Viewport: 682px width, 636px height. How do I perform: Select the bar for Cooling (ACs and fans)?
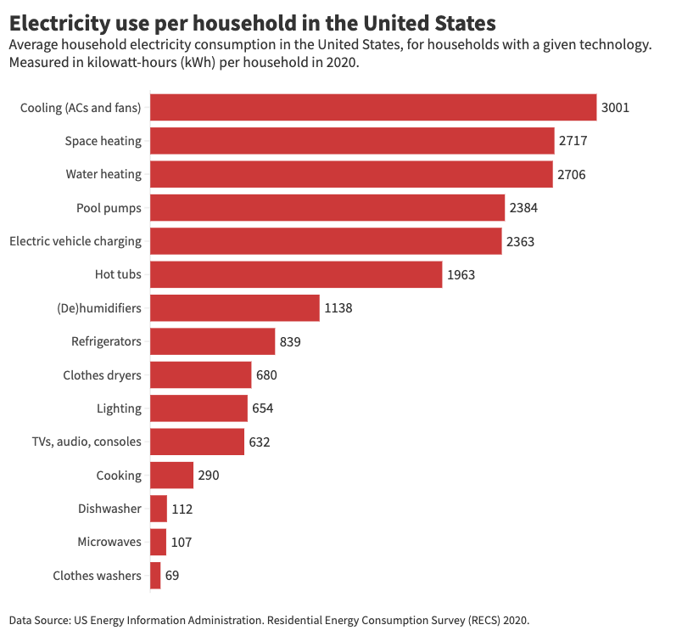373,107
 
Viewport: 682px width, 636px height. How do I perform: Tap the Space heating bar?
352,141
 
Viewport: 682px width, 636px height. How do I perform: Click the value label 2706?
571,174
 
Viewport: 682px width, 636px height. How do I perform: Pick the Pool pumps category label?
109,207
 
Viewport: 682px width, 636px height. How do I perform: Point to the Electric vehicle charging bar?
326,241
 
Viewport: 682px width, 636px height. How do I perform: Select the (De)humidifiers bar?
235,307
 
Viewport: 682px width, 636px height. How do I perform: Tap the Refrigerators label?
106,341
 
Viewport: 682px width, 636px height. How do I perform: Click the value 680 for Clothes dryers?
266,374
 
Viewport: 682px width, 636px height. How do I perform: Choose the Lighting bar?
198,408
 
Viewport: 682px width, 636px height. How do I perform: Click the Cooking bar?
171,475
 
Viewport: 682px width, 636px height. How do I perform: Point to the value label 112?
182,509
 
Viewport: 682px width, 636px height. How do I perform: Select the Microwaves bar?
158,542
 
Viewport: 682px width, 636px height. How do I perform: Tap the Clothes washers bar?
155,575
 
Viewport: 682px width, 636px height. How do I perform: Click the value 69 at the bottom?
172,575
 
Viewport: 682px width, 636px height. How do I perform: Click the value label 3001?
615,107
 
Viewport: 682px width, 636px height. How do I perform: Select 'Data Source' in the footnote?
40,620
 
